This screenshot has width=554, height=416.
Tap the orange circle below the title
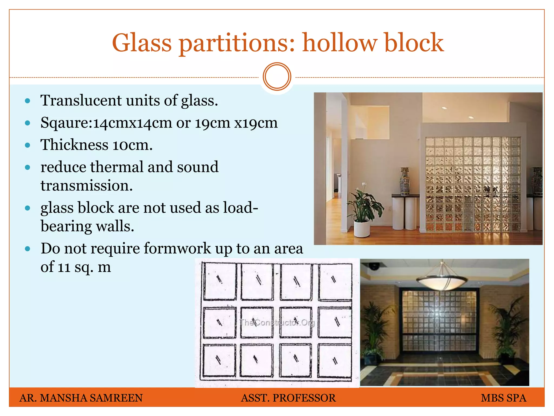pyautogui.click(x=277, y=77)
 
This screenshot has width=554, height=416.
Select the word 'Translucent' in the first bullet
pyautogui.click(x=81, y=100)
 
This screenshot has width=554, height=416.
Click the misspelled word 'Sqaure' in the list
pyautogui.click(x=65, y=123)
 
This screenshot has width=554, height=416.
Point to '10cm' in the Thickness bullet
pyautogui.click(x=130, y=145)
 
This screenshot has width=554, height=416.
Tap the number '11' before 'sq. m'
pyautogui.click(x=64, y=267)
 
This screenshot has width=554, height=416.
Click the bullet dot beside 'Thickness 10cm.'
pyautogui.click(x=27, y=145)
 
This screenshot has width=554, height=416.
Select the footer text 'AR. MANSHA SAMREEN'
pyautogui.click(x=81, y=398)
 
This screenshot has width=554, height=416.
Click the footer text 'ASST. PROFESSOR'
pyautogui.click(x=288, y=398)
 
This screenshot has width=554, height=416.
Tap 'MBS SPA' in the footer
pyautogui.click(x=503, y=398)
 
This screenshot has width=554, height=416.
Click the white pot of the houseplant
pyautogui.click(x=362, y=228)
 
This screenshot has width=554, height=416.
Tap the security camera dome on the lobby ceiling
pyautogui.click(x=374, y=266)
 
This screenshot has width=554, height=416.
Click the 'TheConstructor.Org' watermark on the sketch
pyautogui.click(x=277, y=323)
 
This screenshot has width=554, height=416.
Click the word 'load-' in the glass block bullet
pyautogui.click(x=240, y=208)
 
